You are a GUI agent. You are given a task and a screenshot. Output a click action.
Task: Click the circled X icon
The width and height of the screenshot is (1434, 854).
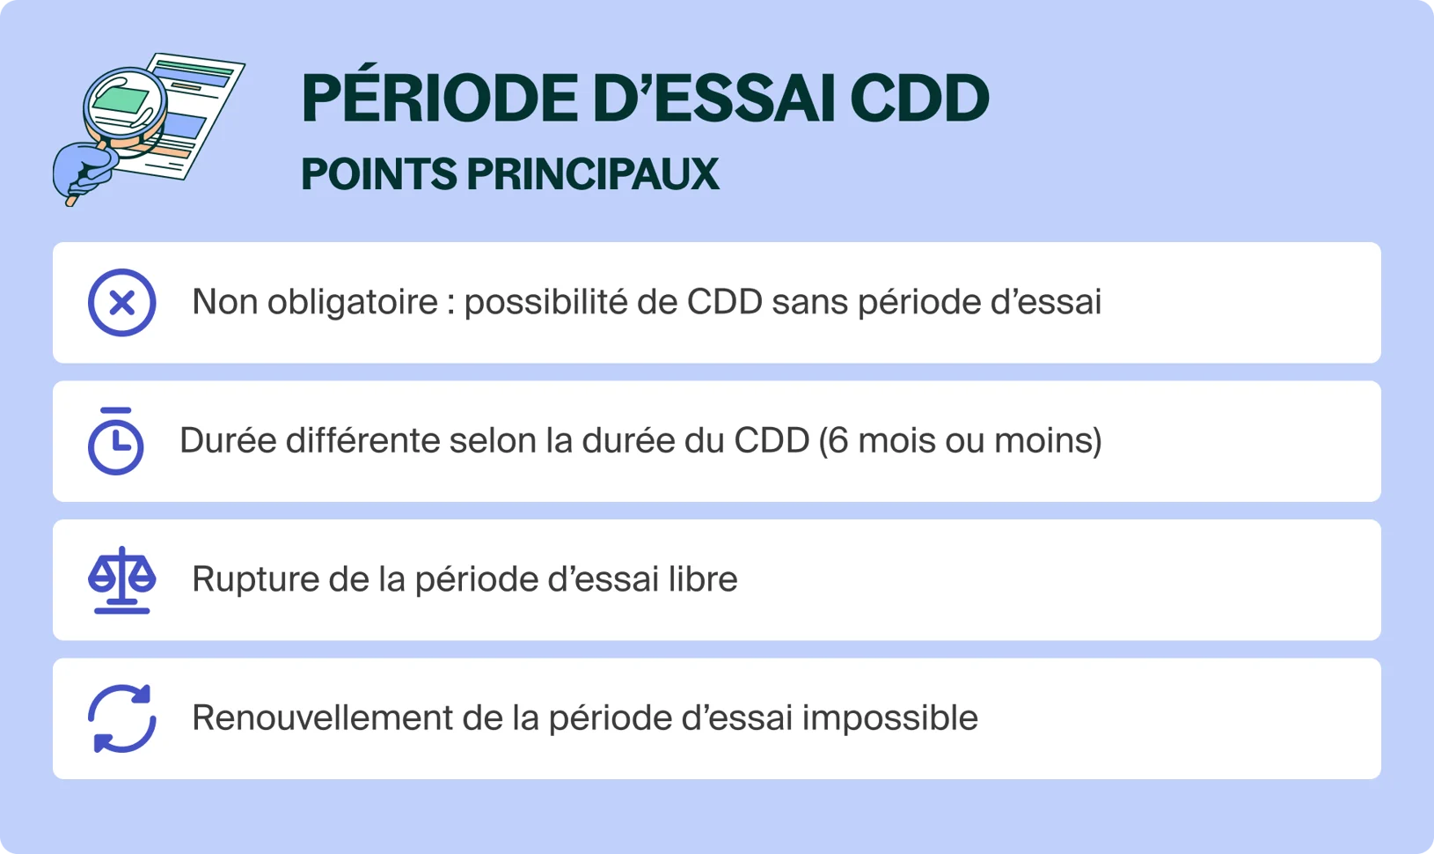(x=122, y=303)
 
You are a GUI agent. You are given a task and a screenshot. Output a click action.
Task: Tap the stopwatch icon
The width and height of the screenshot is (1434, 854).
(x=115, y=442)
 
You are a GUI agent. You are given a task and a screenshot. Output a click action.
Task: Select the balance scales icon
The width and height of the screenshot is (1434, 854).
(x=122, y=580)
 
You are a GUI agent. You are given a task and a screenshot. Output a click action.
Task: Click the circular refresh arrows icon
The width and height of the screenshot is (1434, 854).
(x=122, y=718)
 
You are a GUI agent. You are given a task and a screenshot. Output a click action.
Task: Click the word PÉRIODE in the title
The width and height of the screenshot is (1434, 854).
(x=439, y=98)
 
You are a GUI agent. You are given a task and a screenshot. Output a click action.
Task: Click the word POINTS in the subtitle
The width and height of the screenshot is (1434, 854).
(x=379, y=174)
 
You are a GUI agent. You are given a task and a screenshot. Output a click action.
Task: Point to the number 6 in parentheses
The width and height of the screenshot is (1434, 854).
(x=838, y=440)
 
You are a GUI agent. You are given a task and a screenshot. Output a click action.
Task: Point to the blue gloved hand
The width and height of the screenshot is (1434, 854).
(x=82, y=171)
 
